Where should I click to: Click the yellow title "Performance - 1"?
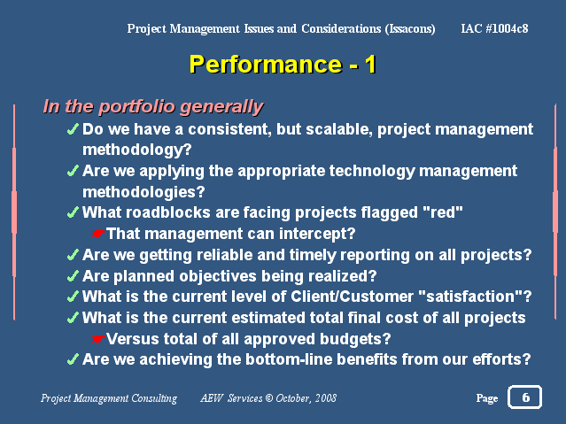pos(283,65)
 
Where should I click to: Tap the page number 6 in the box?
pos(525,397)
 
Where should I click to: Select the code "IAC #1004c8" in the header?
pos(494,28)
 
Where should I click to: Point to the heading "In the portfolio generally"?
pos(153,107)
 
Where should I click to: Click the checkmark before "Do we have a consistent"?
pos(73,129)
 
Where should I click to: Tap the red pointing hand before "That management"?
pos(97,234)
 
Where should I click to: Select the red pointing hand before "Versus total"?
pos(97,339)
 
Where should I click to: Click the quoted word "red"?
pos(443,212)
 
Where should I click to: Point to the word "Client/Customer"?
pos(352,297)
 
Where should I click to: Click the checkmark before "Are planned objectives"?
pos(73,276)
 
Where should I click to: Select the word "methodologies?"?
pos(143,192)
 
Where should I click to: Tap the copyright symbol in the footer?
pos(269,398)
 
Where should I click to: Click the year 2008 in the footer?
pos(326,398)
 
